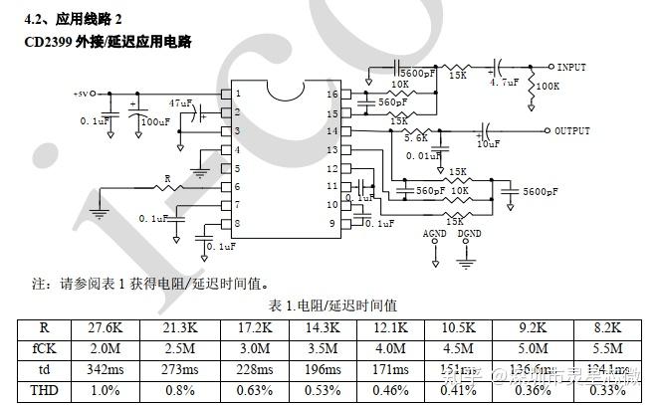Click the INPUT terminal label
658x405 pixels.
571,68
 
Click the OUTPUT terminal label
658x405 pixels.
572,131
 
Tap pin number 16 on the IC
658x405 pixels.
332,94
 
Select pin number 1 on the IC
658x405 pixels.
237,94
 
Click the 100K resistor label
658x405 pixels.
547,88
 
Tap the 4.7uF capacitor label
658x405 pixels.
504,84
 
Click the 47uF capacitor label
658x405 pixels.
180,102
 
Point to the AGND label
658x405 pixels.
435,234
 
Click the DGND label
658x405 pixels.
468,234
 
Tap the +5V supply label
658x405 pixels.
81,94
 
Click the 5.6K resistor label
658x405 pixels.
415,138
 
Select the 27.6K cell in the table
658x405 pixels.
105,327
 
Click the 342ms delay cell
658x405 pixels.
105,369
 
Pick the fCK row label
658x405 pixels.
43,348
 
